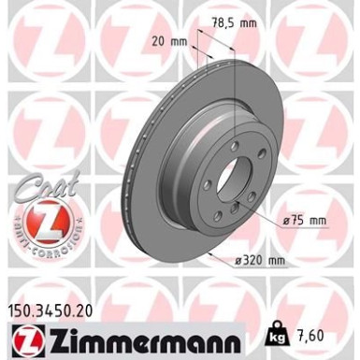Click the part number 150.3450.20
[x=55, y=305]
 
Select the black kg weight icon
[x=279, y=334]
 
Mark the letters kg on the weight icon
[x=279, y=337]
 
